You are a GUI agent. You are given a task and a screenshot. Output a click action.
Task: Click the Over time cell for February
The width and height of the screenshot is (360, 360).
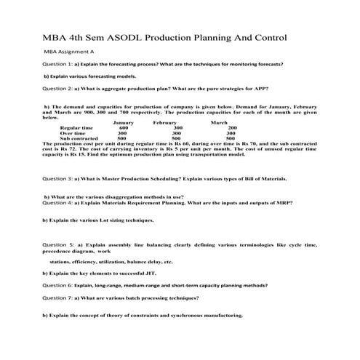(172, 134)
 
